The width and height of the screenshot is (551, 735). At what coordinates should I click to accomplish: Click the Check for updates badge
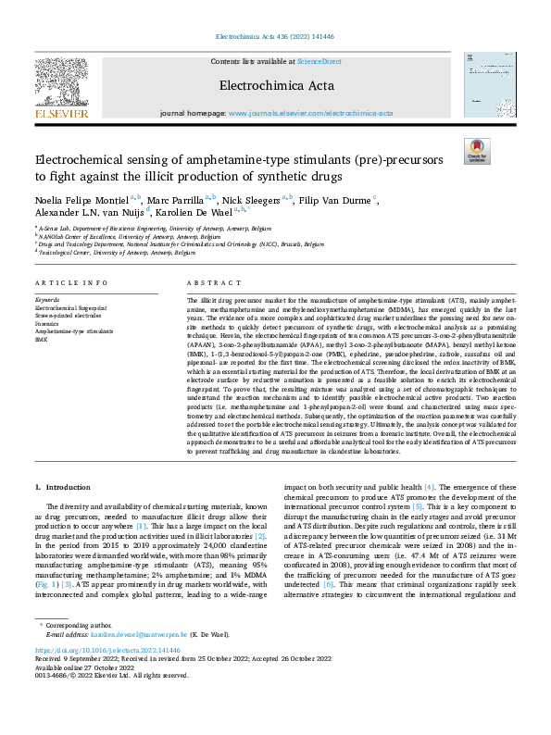477,150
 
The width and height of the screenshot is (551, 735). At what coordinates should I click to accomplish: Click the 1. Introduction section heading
62,486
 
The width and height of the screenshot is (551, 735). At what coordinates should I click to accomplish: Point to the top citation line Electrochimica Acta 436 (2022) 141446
275,38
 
